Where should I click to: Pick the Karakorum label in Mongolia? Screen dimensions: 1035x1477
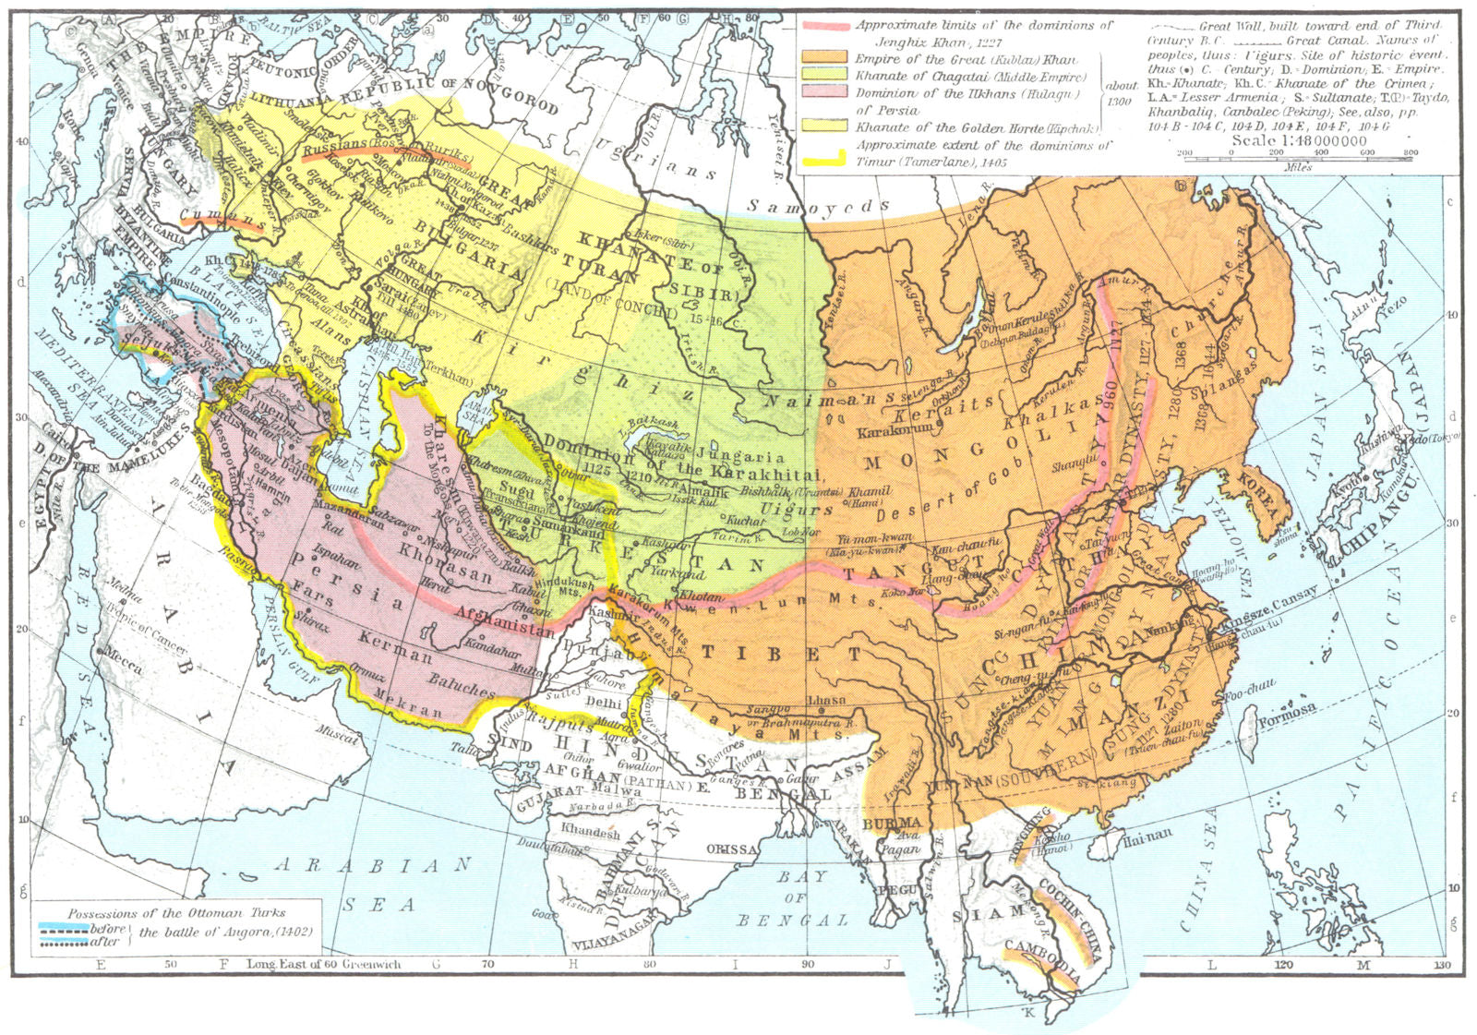click(895, 431)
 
